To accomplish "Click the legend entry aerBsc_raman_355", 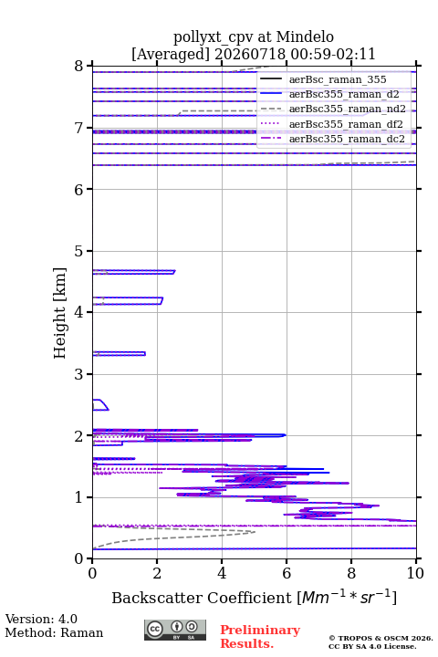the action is pos(338,79).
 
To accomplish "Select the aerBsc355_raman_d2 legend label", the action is pos(344,94).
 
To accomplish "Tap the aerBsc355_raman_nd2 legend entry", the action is pos(347,109).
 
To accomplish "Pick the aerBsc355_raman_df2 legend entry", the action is pos(346,124).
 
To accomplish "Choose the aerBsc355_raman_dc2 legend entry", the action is pos(347,139).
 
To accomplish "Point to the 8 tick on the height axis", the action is pos(79,67).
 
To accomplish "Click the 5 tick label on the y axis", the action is pos(79,251).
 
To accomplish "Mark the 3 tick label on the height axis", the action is pos(79,374).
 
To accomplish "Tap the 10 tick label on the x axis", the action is pos(415,573).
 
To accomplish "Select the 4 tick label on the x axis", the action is pos(222,573).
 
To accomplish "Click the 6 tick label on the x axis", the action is pos(287,573).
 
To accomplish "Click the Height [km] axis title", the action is pos(60,313).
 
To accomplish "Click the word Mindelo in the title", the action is pos(305,36).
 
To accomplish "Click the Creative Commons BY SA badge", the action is pos(175,630).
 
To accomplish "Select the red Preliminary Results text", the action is pos(260,637).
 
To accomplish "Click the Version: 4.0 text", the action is pos(41,619).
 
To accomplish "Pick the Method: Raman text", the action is pos(54,632).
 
